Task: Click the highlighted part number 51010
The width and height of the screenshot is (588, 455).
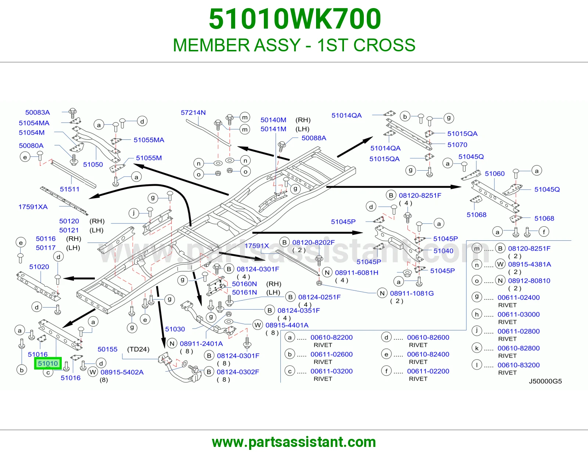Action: (x=48, y=363)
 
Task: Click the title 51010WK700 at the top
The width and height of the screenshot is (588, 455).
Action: (x=295, y=19)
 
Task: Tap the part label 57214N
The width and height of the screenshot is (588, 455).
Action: (x=193, y=112)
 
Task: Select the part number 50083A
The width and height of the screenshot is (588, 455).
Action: (x=37, y=112)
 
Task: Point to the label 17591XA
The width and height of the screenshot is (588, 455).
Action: (x=33, y=207)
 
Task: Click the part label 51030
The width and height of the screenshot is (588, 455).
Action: (x=175, y=329)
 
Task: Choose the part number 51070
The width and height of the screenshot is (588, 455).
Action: (x=457, y=145)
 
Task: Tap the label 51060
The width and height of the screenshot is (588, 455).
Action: (x=495, y=174)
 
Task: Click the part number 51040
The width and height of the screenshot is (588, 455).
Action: (x=443, y=251)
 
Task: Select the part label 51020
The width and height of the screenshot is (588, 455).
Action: (x=39, y=267)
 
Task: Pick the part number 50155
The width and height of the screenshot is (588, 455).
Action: (x=107, y=349)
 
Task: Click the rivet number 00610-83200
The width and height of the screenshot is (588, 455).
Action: (x=519, y=365)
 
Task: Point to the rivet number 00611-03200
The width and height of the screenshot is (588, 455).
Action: (x=331, y=371)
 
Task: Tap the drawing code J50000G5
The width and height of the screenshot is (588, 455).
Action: (x=545, y=381)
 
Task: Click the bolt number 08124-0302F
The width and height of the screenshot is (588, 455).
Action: (x=238, y=372)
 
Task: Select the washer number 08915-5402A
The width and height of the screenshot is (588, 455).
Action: (x=122, y=372)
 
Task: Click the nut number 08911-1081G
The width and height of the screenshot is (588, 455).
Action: (x=412, y=294)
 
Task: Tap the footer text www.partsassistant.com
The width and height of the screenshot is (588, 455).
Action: (x=294, y=442)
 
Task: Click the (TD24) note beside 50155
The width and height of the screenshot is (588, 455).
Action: (x=138, y=349)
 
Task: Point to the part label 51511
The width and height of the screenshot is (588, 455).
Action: (x=69, y=189)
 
